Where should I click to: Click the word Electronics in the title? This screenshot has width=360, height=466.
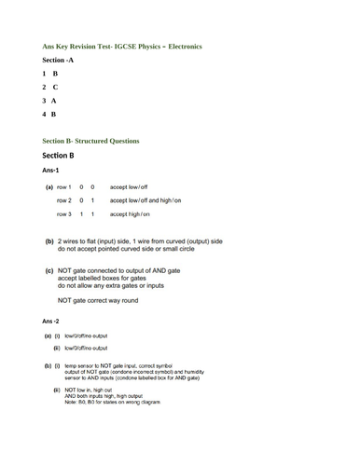[181, 46]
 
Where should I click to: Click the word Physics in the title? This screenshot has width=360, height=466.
[134, 46]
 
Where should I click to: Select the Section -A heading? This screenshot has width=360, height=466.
[58, 60]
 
